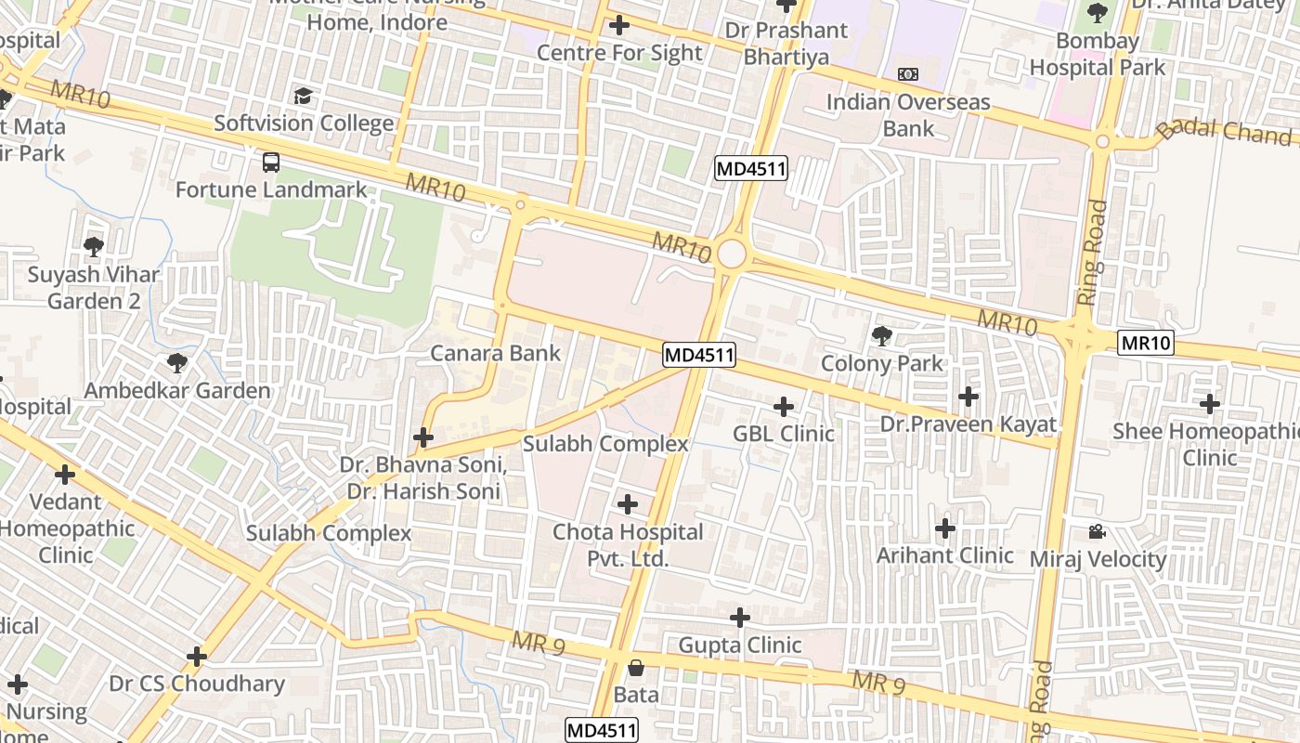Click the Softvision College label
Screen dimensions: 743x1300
[304, 124]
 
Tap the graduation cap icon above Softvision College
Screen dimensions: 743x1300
[304, 97]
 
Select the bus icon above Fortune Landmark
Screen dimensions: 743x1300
[271, 163]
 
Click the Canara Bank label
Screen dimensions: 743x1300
[495, 353]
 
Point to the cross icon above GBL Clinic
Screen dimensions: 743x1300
[784, 407]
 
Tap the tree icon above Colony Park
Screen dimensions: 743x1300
[881, 336]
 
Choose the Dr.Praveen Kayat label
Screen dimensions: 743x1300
[968, 424]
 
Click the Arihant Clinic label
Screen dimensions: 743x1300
[945, 555]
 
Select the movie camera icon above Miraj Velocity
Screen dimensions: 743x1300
[1097, 532]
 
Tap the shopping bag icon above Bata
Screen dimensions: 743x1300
[636, 668]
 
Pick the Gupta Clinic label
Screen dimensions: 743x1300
[740, 645]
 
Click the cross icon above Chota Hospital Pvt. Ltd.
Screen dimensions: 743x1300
[628, 504]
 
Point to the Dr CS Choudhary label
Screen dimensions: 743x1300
[197, 684]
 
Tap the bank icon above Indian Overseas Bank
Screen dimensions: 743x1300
[907, 74]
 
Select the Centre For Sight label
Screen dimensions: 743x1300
[619, 53]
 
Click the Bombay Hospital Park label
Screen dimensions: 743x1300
[1098, 54]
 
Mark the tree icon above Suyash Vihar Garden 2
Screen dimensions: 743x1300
[93, 247]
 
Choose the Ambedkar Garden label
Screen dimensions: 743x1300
[177, 390]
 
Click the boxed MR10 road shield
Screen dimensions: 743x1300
[1146, 343]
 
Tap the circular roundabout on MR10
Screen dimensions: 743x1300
[732, 254]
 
